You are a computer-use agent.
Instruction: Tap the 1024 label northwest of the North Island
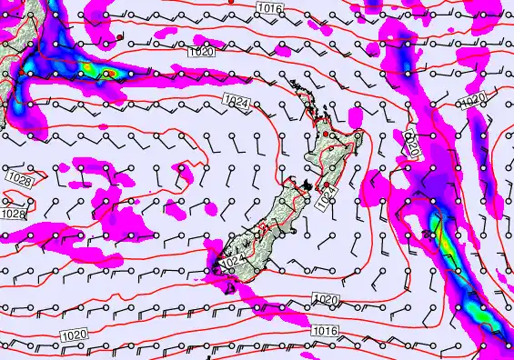click(x=237, y=102)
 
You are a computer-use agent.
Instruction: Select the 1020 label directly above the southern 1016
click(x=324, y=299)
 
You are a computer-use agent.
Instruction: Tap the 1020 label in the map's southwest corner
click(x=76, y=336)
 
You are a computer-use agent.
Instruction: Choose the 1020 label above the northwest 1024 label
click(x=201, y=54)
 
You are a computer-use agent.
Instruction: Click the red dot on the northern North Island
click(x=325, y=135)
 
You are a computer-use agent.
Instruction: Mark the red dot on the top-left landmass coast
click(x=119, y=37)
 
